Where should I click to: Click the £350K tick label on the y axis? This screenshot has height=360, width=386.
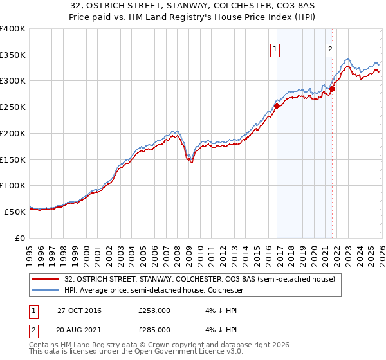point(13,55)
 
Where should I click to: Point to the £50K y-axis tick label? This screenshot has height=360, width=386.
point(15,212)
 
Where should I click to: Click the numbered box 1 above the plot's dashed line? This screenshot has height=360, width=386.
point(275,49)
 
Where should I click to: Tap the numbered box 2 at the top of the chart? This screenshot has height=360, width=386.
point(330,49)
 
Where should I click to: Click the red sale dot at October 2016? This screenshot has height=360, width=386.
point(277,105)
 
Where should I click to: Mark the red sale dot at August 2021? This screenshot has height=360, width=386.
point(332,89)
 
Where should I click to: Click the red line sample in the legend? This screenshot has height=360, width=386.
point(46,279)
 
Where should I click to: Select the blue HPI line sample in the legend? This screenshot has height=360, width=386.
point(46,290)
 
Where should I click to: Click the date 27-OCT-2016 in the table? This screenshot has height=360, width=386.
point(79,310)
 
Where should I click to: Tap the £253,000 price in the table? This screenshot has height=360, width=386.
point(154,310)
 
